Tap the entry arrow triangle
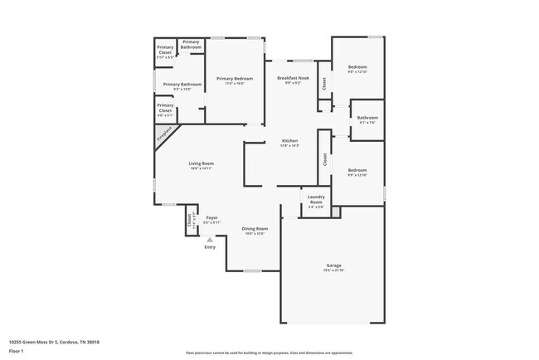[210, 240]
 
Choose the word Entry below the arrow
[210, 246]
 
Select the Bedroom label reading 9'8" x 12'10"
[357, 69]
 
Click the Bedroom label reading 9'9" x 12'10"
[357, 171]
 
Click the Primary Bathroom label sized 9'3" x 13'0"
[182, 85]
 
